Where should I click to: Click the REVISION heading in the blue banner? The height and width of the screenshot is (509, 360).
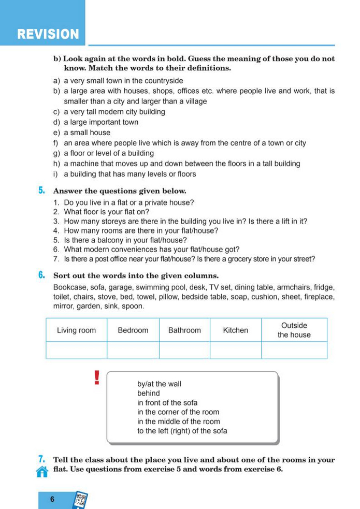click(48, 35)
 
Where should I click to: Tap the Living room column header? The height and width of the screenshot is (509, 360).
click(77, 330)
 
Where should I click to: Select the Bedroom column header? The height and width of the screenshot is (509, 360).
click(133, 330)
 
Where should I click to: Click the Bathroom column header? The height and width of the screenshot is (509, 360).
click(184, 330)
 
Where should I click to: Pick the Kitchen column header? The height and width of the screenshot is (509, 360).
click(235, 330)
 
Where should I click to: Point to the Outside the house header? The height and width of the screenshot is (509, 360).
click(294, 330)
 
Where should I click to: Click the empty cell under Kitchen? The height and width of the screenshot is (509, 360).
click(235, 351)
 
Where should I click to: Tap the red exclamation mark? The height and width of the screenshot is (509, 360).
click(96, 378)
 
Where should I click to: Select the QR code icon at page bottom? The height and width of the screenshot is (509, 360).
click(81, 500)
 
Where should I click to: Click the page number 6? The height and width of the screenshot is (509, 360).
click(52, 500)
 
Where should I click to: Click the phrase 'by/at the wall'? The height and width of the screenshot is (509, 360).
click(159, 384)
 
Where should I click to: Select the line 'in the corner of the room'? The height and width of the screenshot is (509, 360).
click(178, 412)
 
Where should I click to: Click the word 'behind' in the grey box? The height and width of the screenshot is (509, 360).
click(149, 394)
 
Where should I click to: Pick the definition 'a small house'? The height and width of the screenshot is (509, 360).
click(87, 133)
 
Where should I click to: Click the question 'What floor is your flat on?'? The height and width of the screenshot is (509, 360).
click(107, 212)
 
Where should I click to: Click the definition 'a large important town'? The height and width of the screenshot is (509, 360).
click(101, 122)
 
